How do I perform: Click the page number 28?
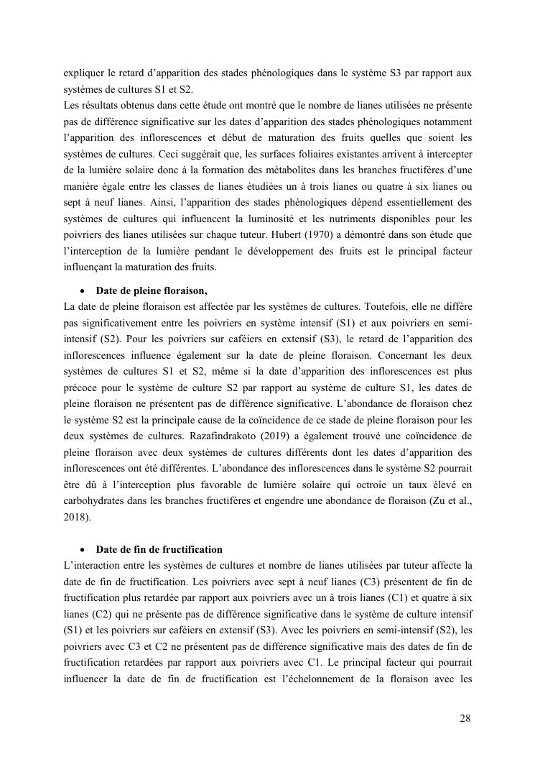(465, 718)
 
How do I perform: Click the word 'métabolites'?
(264, 170)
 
